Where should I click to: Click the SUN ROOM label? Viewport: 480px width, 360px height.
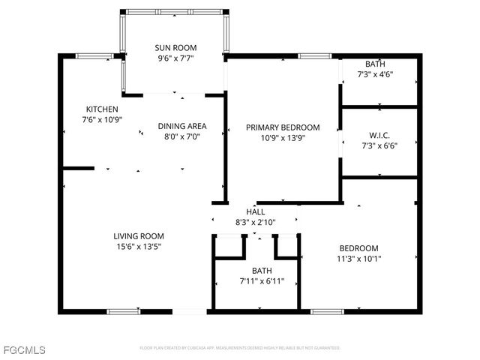click(175, 47)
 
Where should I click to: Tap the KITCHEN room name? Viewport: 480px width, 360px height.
click(101, 109)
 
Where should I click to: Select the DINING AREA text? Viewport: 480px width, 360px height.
click(181, 126)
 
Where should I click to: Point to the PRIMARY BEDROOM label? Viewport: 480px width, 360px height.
click(283, 127)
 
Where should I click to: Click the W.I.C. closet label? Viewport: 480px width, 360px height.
click(379, 136)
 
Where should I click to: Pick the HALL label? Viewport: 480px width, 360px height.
click(256, 212)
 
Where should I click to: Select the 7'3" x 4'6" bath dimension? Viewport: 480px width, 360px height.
click(375, 74)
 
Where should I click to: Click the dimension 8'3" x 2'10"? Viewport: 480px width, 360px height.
click(256, 222)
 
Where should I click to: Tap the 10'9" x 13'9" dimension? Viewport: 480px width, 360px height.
click(283, 138)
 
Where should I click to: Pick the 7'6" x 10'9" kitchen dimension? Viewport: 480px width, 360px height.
click(101, 119)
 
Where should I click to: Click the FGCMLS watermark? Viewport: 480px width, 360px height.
click(23, 350)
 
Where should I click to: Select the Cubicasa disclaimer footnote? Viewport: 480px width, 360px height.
click(240, 348)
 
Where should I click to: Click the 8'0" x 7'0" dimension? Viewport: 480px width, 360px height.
click(181, 136)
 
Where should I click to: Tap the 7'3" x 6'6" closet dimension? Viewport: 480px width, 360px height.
click(379, 146)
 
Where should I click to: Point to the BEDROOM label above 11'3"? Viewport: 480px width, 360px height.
click(358, 249)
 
